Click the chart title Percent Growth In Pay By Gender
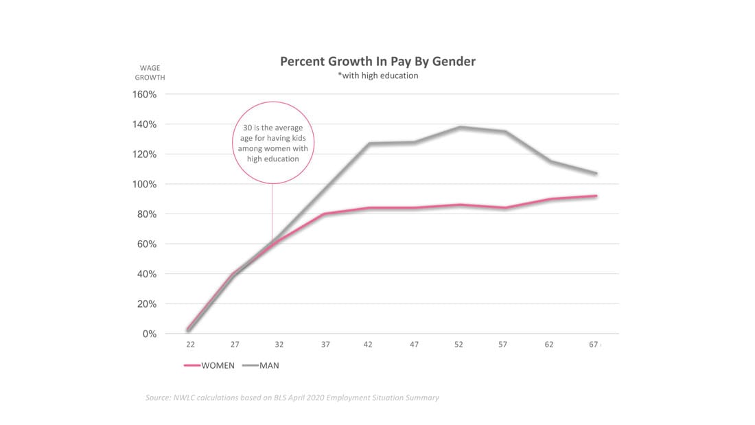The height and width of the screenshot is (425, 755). (x=377, y=61)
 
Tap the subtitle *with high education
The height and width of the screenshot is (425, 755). (x=377, y=76)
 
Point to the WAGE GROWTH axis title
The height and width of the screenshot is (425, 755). (x=150, y=73)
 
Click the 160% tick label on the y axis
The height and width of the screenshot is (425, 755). (x=145, y=95)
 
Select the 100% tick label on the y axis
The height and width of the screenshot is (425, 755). (x=145, y=185)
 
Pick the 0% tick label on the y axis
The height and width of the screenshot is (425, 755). (x=150, y=334)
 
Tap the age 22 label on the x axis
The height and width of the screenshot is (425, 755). (x=189, y=345)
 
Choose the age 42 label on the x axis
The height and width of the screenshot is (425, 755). (x=369, y=345)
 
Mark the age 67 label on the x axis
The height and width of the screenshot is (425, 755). (x=594, y=345)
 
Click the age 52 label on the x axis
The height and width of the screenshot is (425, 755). (x=458, y=345)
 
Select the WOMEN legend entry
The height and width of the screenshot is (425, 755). (x=210, y=365)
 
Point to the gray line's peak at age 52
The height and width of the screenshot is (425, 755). (x=459, y=127)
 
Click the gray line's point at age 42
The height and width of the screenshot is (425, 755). (x=369, y=143)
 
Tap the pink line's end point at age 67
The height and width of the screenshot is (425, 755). (x=595, y=196)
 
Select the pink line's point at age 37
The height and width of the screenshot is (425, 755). (x=324, y=214)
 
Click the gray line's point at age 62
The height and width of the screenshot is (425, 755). (x=549, y=161)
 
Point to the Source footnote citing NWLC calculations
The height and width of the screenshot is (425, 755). (x=292, y=398)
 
